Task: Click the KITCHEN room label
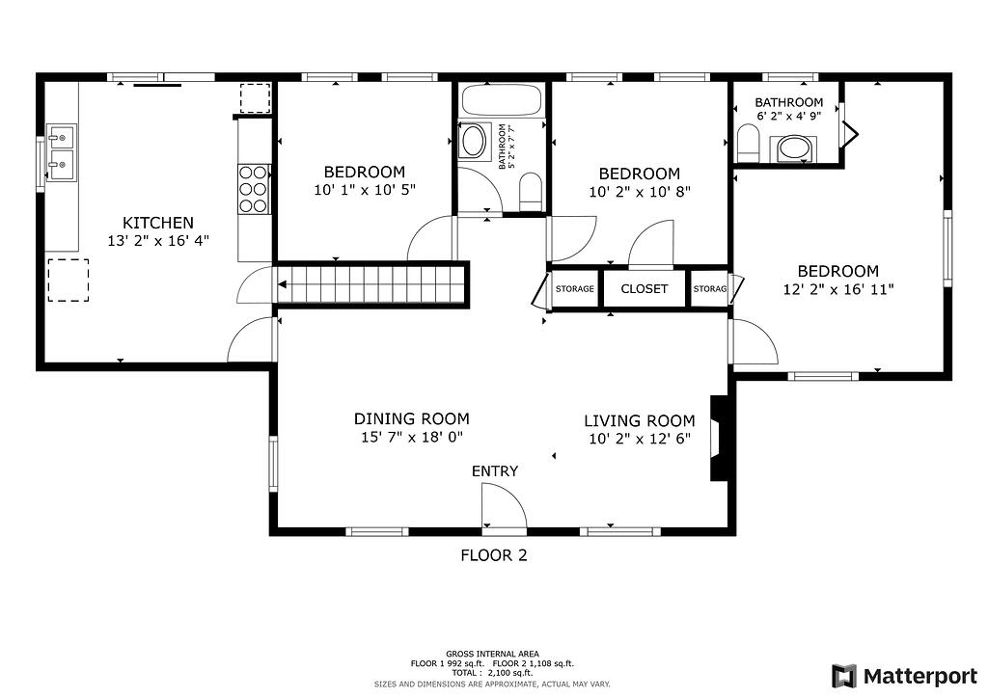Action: pos(157,222)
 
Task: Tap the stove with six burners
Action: pos(254,189)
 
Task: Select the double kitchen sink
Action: pos(61,153)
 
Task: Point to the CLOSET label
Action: pos(644,288)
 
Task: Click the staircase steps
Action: pos(371,284)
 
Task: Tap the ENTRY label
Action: pos(495,470)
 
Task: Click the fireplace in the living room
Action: pos(719,438)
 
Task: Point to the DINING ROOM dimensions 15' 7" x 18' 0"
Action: pos(411,437)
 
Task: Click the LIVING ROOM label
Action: pos(640,420)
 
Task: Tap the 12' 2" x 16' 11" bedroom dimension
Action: pos(838,289)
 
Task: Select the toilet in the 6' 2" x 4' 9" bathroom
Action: pos(748,143)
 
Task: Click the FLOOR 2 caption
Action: pos(494,555)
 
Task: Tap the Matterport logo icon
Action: pos(844,676)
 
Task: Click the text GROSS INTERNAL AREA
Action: pos(492,654)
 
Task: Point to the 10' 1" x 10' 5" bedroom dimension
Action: pos(365,190)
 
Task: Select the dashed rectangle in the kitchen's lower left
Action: pos(69,281)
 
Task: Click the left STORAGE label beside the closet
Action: pos(575,289)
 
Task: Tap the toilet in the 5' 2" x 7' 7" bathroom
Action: pos(532,191)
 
